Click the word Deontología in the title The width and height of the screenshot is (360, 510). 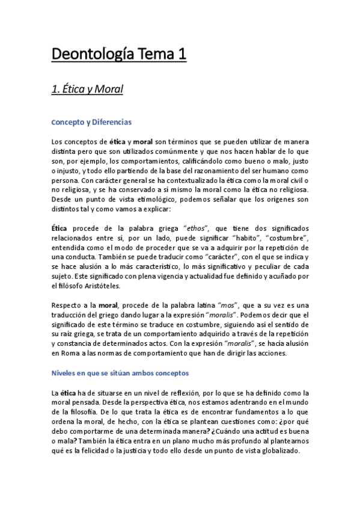click(86, 55)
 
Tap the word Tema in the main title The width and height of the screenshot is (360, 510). click(147, 55)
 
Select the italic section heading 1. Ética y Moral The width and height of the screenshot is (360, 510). click(87, 90)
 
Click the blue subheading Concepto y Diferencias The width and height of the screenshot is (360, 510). click(92, 122)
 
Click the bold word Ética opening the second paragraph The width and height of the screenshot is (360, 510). click(60, 229)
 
